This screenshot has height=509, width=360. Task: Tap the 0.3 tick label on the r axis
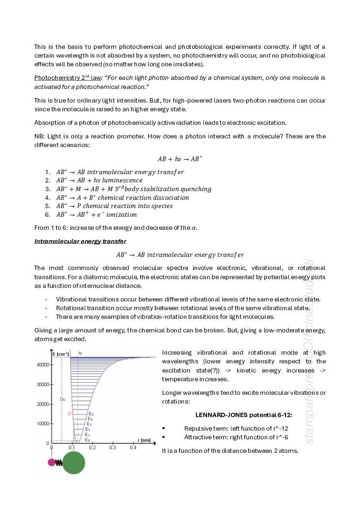(x=112, y=448)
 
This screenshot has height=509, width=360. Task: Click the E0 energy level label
(x=87, y=440)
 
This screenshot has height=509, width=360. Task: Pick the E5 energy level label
(x=91, y=414)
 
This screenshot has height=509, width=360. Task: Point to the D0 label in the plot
(x=62, y=399)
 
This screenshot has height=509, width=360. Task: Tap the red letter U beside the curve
(x=69, y=413)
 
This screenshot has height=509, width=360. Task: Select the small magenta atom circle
(x=52, y=462)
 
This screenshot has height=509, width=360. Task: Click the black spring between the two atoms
(x=59, y=463)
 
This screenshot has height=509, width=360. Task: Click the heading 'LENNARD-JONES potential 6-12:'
(x=243, y=415)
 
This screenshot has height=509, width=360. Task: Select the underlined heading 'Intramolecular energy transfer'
(x=80, y=241)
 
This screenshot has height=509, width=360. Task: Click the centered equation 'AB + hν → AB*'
(x=180, y=159)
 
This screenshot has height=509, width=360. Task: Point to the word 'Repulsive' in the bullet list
(x=197, y=428)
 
